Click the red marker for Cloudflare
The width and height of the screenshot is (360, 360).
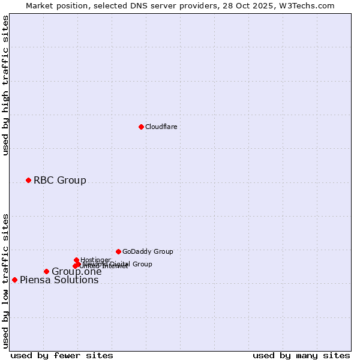(141, 127)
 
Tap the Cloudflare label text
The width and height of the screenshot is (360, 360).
(161, 127)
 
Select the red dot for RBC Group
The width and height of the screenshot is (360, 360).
(28, 180)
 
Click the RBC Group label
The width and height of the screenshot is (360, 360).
(59, 180)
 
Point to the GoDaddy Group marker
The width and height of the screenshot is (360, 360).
(118, 251)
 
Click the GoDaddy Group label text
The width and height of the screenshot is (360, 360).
(148, 251)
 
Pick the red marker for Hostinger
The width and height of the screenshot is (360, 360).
(76, 260)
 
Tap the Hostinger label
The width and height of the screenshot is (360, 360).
(95, 260)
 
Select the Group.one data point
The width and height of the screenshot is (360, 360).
(46, 271)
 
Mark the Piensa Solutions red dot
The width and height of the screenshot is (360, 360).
(14, 280)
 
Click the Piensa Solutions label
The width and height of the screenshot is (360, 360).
(59, 280)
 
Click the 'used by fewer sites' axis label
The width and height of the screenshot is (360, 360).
(62, 355)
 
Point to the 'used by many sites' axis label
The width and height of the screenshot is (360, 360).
(301, 355)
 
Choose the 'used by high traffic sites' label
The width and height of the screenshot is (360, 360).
(6, 85)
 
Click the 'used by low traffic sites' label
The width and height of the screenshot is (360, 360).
(6, 281)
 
